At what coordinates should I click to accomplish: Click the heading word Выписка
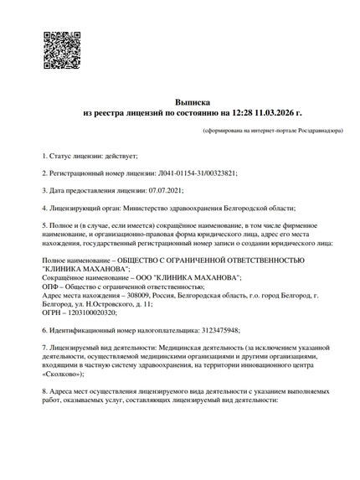(x=193, y=99)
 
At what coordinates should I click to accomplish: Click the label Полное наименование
(x=77, y=261)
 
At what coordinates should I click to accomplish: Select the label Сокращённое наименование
(x=85, y=277)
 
